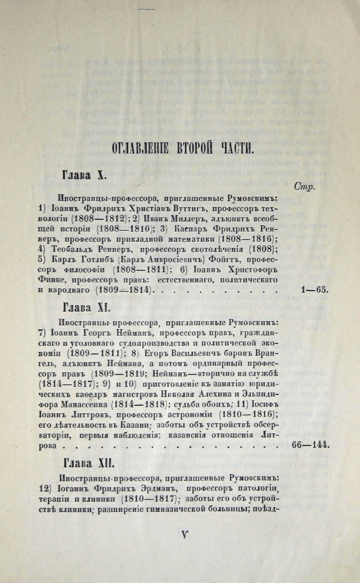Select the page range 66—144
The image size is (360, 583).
310,445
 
